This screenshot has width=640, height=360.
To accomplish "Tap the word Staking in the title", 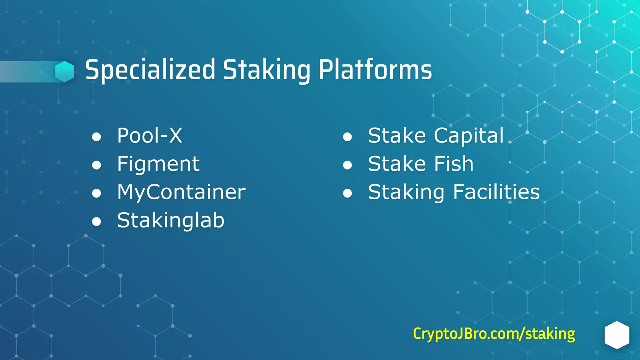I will tap(266, 70).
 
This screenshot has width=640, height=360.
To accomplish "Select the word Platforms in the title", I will tap(375, 70).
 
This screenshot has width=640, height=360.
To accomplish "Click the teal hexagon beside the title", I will tap(65, 72).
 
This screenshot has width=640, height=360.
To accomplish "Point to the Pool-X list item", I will tap(149, 136).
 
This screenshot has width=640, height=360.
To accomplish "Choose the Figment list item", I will tap(158, 164).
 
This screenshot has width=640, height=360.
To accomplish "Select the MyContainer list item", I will tap(181, 192).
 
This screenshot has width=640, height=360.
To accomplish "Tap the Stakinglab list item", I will tap(171, 221).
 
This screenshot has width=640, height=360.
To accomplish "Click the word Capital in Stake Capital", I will tap(469, 136).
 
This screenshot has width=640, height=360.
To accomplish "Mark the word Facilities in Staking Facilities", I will tap(496, 192).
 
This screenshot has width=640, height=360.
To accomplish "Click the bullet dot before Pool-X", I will tap(97, 137).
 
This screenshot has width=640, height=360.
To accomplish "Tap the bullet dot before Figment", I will tap(97, 165).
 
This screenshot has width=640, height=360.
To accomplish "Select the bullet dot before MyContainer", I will tap(97, 193).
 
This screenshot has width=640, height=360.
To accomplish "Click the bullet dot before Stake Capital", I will tap(347, 137).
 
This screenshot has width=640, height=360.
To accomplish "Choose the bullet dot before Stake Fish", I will tap(347, 165).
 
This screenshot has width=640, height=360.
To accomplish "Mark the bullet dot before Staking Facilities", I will tap(347, 193).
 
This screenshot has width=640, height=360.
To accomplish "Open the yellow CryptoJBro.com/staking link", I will tap(494, 334).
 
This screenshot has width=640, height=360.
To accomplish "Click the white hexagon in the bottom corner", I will tap(617, 335).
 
